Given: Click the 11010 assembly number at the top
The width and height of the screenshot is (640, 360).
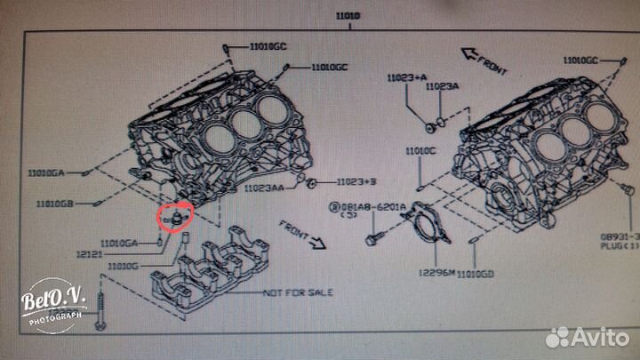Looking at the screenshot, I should (x=348, y=15).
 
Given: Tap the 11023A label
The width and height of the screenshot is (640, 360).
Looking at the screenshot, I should (x=442, y=86).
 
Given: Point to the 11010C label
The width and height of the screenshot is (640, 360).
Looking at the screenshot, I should (x=421, y=151).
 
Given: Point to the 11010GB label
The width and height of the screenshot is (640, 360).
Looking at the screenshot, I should (x=55, y=204).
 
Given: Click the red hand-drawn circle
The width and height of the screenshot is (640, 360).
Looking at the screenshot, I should (x=171, y=215).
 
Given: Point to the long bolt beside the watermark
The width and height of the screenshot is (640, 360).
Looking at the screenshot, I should (x=105, y=311).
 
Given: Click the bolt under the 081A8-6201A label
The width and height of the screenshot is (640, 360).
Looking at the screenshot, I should (x=374, y=238).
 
